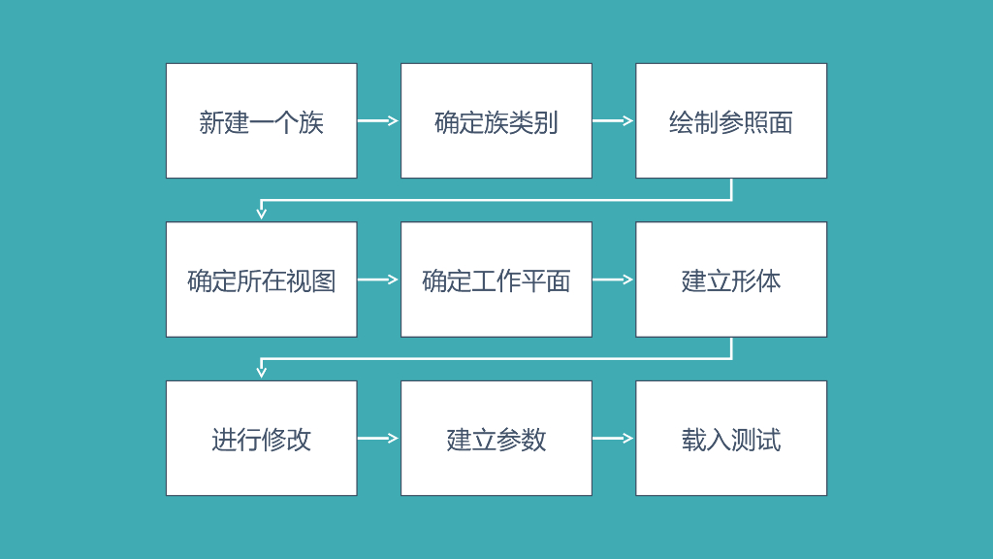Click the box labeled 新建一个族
pos(261,121)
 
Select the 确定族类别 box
pos(496,121)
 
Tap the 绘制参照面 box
pos(731,121)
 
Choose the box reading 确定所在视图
pos(261,279)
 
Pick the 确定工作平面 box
pos(496,279)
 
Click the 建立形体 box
pos(731,279)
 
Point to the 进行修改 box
pos(261,438)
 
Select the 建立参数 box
pos(496,438)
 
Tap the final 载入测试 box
pos(731,438)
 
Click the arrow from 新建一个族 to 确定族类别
pos(378,121)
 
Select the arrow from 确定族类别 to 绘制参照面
pos(613,121)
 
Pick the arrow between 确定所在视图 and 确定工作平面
pos(378,279)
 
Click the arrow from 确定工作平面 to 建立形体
pos(613,279)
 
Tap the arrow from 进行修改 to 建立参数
pos(378,438)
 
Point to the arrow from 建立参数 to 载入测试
pos(613,438)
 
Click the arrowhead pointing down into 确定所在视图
pos(261,213)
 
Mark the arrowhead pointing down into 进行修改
pos(261,371)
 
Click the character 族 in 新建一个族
pos(311,122)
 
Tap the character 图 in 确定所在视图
pos(324,280)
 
